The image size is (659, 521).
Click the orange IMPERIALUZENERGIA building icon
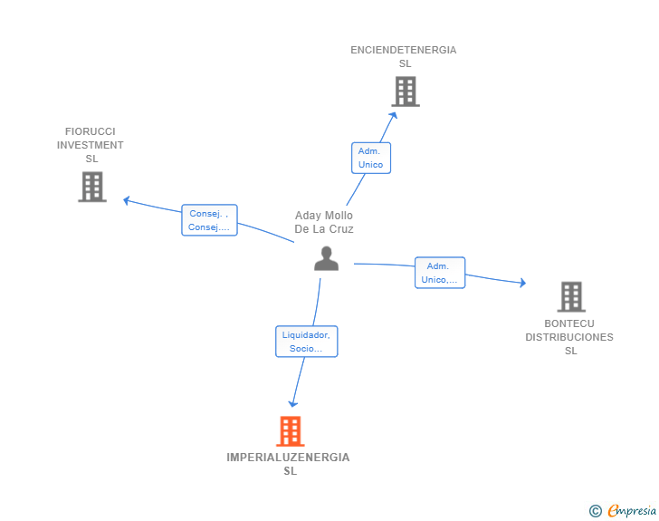click(291, 431)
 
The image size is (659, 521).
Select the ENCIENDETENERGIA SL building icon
click(406, 92)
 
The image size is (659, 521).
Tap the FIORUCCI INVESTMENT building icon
click(92, 187)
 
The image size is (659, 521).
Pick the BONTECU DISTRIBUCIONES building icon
click(571, 296)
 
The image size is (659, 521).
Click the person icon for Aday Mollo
click(326, 258)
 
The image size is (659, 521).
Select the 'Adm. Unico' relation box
click(371, 158)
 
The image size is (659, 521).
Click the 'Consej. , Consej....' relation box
click(209, 220)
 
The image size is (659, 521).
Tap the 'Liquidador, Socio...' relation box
click(306, 342)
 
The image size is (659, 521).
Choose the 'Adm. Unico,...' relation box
click(440, 273)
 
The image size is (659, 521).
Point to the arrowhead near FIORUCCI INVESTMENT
click(126, 200)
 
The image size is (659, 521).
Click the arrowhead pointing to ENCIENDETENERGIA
click(394, 115)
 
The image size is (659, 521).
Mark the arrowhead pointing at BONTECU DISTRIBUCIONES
click(523, 283)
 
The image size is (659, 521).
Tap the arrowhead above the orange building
click(293, 404)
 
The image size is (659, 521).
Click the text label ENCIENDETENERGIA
click(404, 50)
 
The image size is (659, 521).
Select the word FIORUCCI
click(90, 131)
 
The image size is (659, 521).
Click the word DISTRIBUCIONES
click(569, 337)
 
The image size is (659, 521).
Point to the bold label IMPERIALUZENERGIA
click(288, 458)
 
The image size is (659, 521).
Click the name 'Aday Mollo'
click(324, 216)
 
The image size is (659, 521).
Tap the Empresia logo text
click(632, 510)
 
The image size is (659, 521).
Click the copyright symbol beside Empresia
click(595, 511)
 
